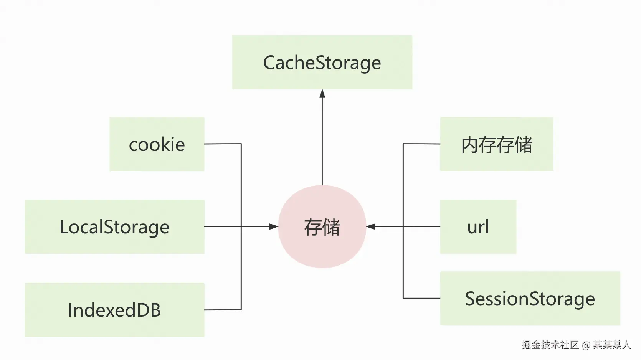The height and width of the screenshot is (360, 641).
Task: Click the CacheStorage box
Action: (x=322, y=62)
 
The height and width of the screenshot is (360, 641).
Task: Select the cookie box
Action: (x=157, y=144)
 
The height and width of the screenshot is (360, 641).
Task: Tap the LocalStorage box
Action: (x=114, y=226)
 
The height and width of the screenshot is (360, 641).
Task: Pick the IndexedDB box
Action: (x=114, y=310)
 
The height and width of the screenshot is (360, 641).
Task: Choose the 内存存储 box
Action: (x=496, y=144)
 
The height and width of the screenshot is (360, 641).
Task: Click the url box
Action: (x=478, y=226)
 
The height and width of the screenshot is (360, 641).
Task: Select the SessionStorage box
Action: (x=530, y=298)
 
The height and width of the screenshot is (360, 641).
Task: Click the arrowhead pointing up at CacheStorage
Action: (x=322, y=94)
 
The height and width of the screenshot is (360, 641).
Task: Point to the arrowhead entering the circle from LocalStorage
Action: (x=274, y=226)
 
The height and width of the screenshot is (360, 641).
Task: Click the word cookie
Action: (x=157, y=145)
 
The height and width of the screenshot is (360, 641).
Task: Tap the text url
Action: (x=478, y=227)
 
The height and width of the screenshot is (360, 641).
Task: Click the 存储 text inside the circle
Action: (x=322, y=227)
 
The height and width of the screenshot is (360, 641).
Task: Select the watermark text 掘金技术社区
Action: (x=550, y=345)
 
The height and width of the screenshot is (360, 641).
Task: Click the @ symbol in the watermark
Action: (x=586, y=345)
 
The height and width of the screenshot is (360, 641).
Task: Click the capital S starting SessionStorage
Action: (x=471, y=299)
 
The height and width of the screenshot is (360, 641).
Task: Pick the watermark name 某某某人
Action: (x=612, y=345)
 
